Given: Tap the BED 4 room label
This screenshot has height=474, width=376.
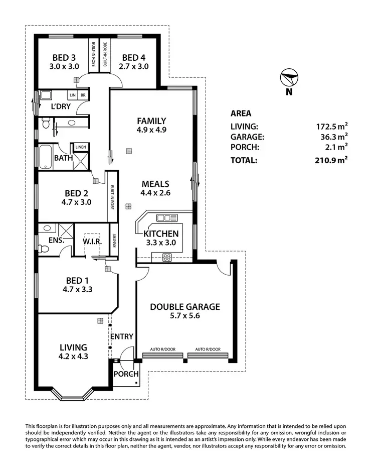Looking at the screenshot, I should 135,57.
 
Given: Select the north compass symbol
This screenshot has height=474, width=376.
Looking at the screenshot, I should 289,79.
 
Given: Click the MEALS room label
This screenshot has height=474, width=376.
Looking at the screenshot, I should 155,184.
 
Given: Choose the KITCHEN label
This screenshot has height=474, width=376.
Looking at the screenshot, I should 161,233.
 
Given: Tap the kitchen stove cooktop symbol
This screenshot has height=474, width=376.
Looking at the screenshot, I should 167,257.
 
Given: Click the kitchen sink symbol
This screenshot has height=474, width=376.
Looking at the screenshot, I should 163,217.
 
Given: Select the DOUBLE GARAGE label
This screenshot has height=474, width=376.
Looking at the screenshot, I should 185,307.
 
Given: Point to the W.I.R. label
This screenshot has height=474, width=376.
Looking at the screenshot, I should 92,242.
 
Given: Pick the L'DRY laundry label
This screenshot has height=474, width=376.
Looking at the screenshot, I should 61,106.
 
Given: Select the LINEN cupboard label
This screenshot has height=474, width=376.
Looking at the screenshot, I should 81,147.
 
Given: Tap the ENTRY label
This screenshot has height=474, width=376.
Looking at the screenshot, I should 121,336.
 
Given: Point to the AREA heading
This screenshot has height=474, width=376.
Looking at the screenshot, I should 241,113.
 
